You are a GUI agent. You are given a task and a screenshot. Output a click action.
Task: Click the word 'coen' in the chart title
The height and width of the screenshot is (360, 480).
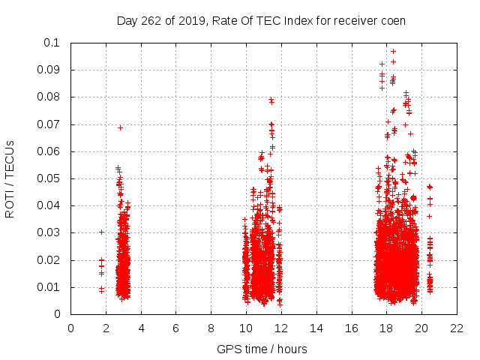[x=392, y=21]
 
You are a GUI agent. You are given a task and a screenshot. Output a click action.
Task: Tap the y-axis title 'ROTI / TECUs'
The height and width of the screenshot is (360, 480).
[x=10, y=178]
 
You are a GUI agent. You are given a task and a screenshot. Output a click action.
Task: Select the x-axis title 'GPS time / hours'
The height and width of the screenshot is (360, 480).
[x=262, y=349]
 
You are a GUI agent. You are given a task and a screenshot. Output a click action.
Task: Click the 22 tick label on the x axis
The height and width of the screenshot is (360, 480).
[x=455, y=327]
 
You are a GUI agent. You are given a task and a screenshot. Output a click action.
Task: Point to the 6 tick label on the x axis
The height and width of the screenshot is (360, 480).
[x=175, y=327]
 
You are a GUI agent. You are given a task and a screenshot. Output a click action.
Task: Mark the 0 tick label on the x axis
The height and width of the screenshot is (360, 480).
[x=70, y=327]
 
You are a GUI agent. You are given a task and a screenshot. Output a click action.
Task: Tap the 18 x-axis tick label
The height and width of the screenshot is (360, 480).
[x=385, y=327]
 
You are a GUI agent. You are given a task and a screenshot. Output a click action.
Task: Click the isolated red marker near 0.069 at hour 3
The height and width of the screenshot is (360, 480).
[x=120, y=127]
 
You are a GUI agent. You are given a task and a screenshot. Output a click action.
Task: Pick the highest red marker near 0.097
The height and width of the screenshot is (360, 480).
[x=393, y=52]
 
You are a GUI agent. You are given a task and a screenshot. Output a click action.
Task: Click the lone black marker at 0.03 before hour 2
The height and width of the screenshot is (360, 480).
[x=101, y=232]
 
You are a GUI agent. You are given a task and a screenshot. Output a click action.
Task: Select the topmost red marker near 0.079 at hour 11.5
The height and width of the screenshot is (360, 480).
[x=271, y=100]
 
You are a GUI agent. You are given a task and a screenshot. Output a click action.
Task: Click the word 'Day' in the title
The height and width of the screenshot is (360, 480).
[x=127, y=21]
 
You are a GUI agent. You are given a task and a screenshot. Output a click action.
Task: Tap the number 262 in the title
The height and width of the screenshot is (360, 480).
[x=153, y=21]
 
